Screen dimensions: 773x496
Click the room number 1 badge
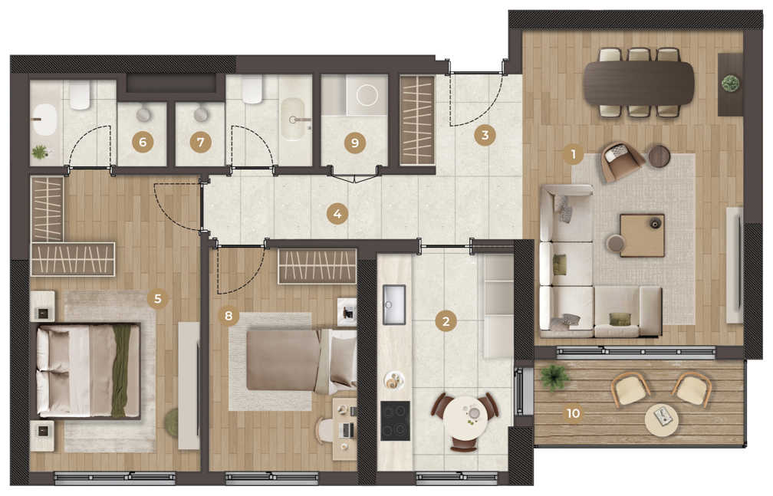point(574,155)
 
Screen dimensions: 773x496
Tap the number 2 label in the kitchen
point(446,321)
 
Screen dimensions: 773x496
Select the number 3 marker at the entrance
point(485,135)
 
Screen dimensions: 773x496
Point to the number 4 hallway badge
point(337,215)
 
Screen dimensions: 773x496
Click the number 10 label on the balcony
point(573,413)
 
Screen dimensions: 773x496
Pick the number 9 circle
point(355,143)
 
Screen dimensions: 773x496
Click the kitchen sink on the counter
point(394,304)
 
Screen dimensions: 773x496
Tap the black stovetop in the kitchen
point(396,421)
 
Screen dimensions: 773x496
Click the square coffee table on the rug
point(642,235)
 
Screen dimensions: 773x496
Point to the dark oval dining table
point(639,82)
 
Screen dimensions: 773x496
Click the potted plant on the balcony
point(554,378)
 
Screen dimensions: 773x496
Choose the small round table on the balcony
point(662,419)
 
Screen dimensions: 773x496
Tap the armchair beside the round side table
point(622,161)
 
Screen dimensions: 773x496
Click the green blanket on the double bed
point(121,370)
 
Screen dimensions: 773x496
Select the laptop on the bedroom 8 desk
point(347,430)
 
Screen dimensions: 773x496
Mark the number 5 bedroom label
point(158,298)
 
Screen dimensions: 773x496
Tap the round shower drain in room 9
point(367,95)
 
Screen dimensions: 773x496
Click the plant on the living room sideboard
point(730,83)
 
